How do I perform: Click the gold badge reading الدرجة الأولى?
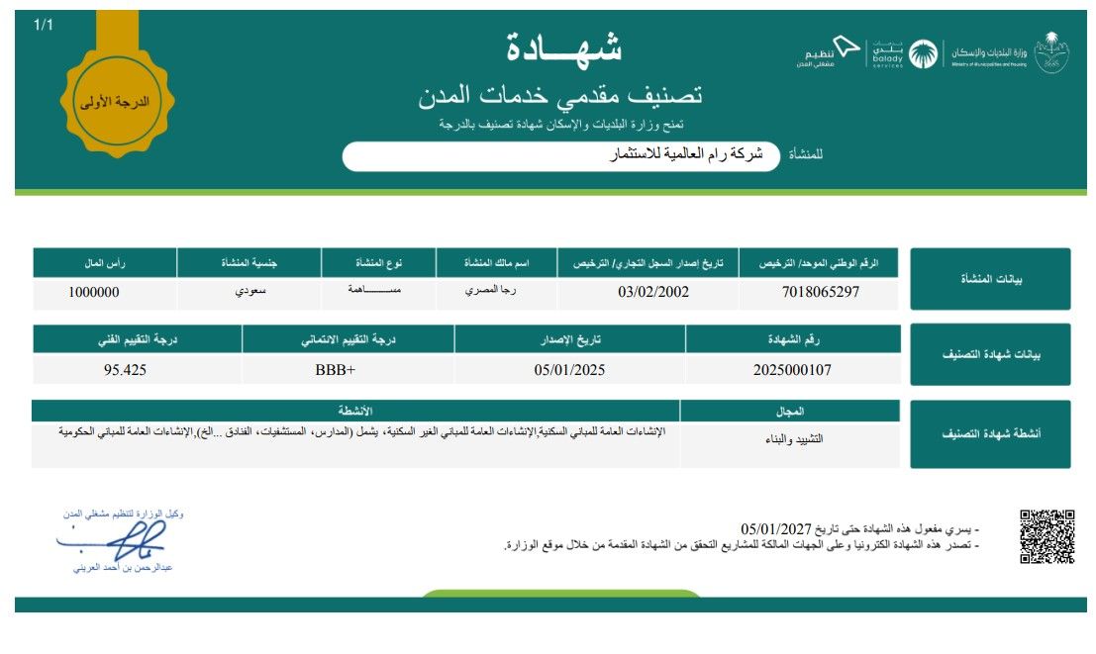(x=117, y=100)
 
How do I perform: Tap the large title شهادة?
(x=564, y=47)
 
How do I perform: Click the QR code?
(x=1046, y=536)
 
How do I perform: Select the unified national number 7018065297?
(x=821, y=292)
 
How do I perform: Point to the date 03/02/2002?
(x=653, y=292)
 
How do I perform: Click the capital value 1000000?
(x=94, y=292)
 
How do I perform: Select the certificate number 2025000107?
(x=792, y=370)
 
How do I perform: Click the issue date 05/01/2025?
(x=568, y=370)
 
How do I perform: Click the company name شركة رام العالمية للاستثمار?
(x=685, y=155)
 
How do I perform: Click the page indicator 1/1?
(x=44, y=24)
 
